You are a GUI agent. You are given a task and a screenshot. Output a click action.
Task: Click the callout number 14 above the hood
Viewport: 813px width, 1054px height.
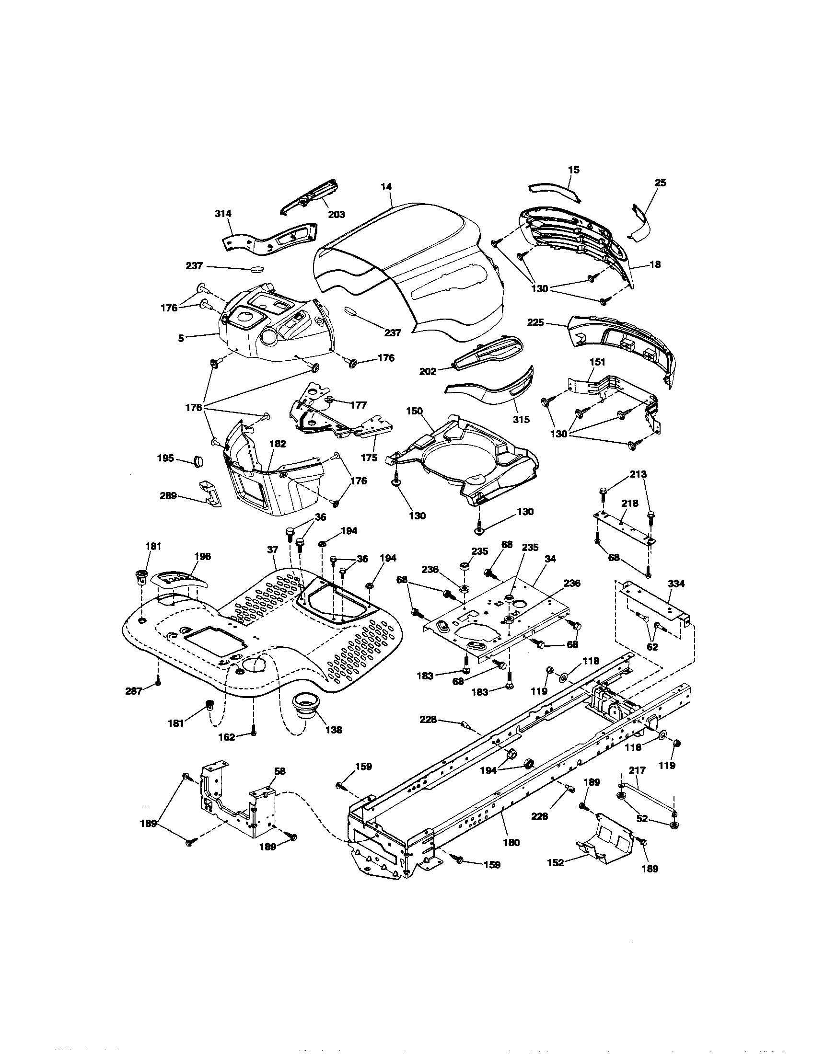point(386,187)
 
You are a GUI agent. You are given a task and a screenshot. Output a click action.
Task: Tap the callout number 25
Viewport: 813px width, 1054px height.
point(660,183)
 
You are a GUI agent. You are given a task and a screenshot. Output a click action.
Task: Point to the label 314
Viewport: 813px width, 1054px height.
point(223,214)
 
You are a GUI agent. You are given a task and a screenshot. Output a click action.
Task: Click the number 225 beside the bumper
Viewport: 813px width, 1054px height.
point(535,322)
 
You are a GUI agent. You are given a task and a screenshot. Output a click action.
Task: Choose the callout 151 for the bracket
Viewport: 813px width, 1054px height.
point(597,362)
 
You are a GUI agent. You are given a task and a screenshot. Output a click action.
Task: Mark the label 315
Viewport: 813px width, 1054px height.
point(521,419)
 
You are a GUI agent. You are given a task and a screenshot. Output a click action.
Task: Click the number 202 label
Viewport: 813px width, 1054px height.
point(428,372)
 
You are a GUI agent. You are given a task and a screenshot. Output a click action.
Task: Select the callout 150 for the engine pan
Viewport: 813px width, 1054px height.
point(414,411)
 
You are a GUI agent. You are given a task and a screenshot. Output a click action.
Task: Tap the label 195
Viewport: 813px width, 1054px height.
point(165,458)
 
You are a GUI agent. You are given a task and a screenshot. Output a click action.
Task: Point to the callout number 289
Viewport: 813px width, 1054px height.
point(168,496)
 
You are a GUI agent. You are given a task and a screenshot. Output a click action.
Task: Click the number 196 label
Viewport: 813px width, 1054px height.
point(202,556)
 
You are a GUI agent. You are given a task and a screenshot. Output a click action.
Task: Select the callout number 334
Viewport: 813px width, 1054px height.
point(676,584)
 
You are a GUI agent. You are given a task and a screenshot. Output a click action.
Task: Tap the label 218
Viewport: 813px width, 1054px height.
point(629,504)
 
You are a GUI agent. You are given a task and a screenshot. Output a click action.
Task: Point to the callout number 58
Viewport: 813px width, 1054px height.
point(279,785)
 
